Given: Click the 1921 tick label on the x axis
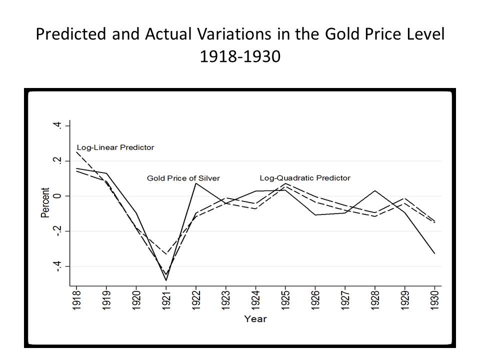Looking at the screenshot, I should (x=166, y=299).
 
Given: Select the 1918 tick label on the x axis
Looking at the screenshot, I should (x=76, y=299).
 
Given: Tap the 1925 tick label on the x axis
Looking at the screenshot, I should (x=285, y=299).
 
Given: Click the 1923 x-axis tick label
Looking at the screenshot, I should (x=225, y=299).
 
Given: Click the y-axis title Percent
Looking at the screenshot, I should (x=45, y=202).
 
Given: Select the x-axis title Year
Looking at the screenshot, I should (x=255, y=318).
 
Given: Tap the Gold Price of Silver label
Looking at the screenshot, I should (x=183, y=178).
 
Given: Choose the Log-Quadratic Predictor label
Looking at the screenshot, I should (x=305, y=178).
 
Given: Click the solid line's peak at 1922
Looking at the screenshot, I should (x=196, y=183).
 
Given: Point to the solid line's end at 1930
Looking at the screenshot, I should (x=434, y=253).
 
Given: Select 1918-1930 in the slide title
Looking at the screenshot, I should (x=240, y=57).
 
